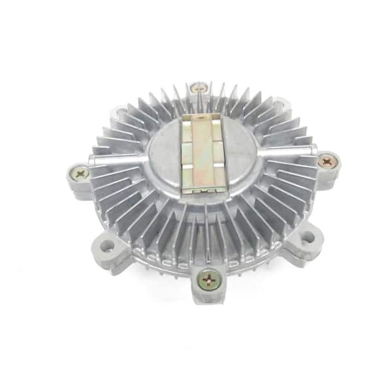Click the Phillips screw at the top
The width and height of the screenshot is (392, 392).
pos(199,87)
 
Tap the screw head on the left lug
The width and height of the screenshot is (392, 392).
pos(80,174)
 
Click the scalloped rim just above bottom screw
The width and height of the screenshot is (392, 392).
pos(208,260)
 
